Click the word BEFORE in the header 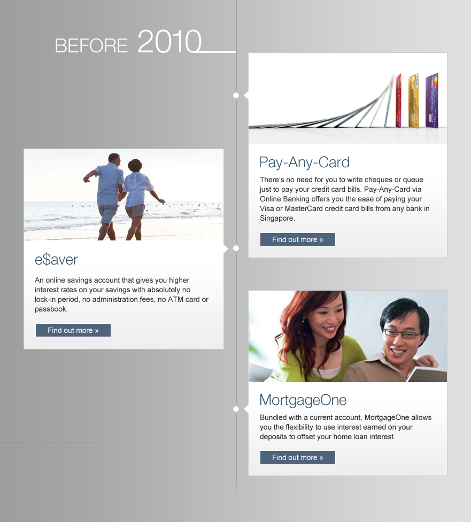(91, 45)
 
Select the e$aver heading (56, 260)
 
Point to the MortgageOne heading (303, 400)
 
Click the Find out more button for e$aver (73, 330)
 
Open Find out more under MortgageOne (297, 457)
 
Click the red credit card (398, 100)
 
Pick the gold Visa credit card (413, 100)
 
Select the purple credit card (431, 100)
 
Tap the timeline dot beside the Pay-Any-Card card (236, 95)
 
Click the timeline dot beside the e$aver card (236, 248)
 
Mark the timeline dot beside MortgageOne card (236, 409)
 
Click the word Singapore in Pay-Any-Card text (277, 219)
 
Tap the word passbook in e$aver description (51, 309)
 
